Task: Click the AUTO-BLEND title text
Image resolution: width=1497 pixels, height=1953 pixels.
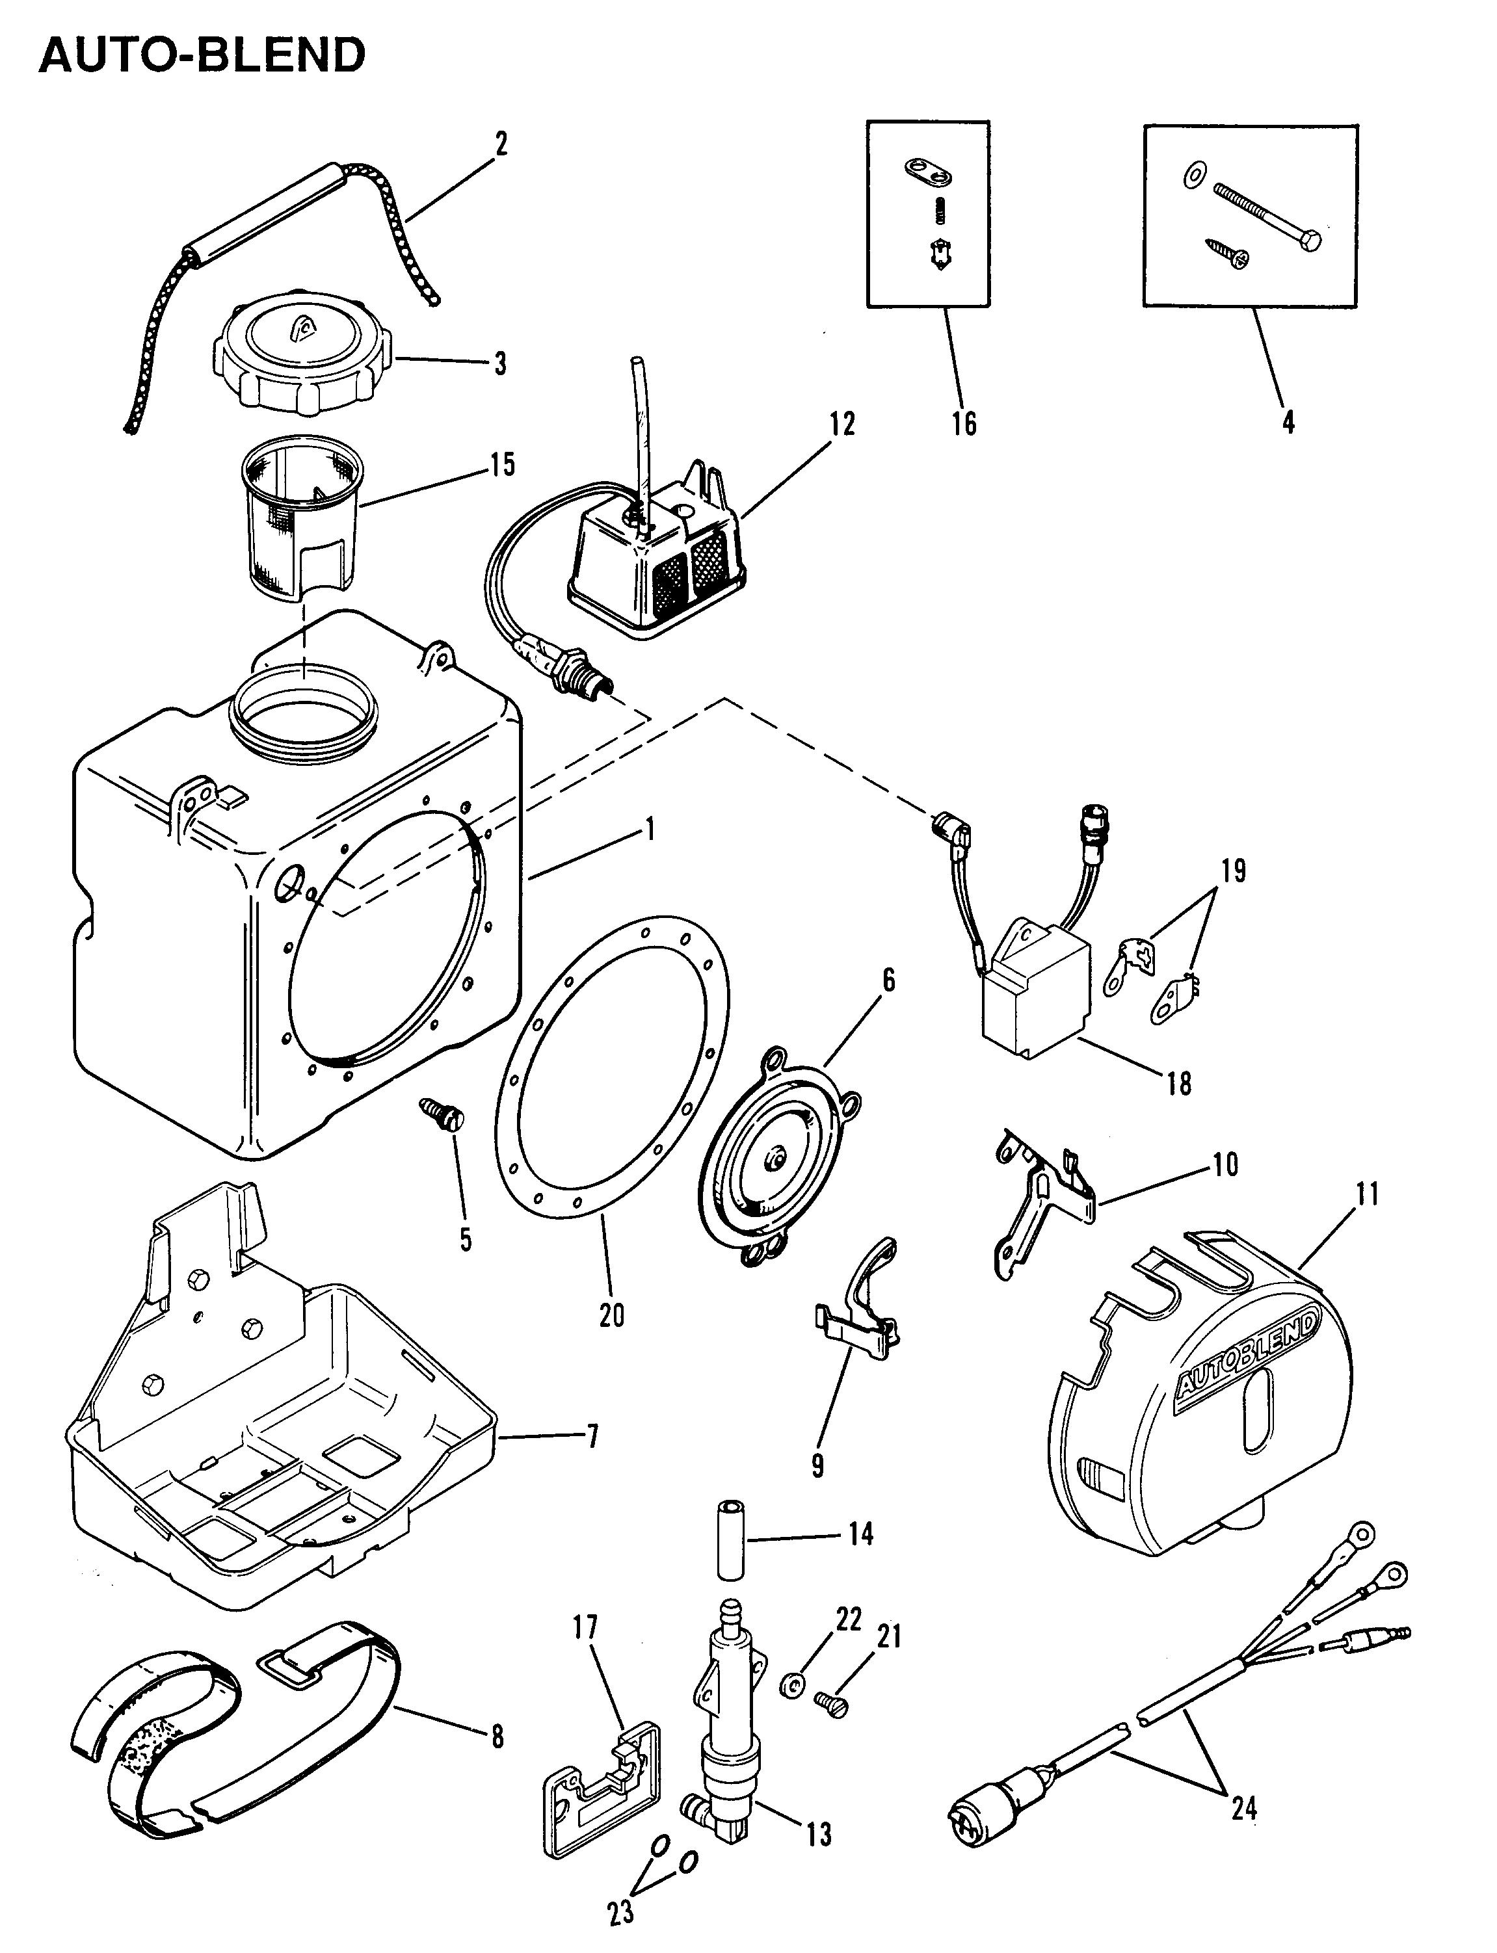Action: [x=202, y=55]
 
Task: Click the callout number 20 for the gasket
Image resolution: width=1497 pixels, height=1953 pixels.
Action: [x=611, y=1315]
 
